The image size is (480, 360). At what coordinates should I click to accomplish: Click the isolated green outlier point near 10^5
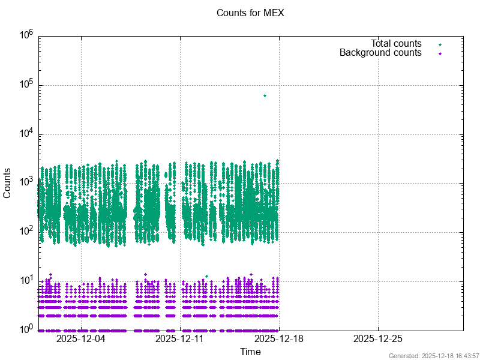(265, 95)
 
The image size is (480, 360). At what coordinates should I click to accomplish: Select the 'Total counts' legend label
(396, 44)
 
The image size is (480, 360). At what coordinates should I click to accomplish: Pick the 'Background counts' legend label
(380, 53)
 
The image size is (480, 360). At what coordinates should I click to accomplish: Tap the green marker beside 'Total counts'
(440, 44)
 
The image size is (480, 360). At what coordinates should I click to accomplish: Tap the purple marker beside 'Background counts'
(440, 53)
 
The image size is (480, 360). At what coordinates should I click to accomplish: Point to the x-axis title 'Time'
(250, 352)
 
